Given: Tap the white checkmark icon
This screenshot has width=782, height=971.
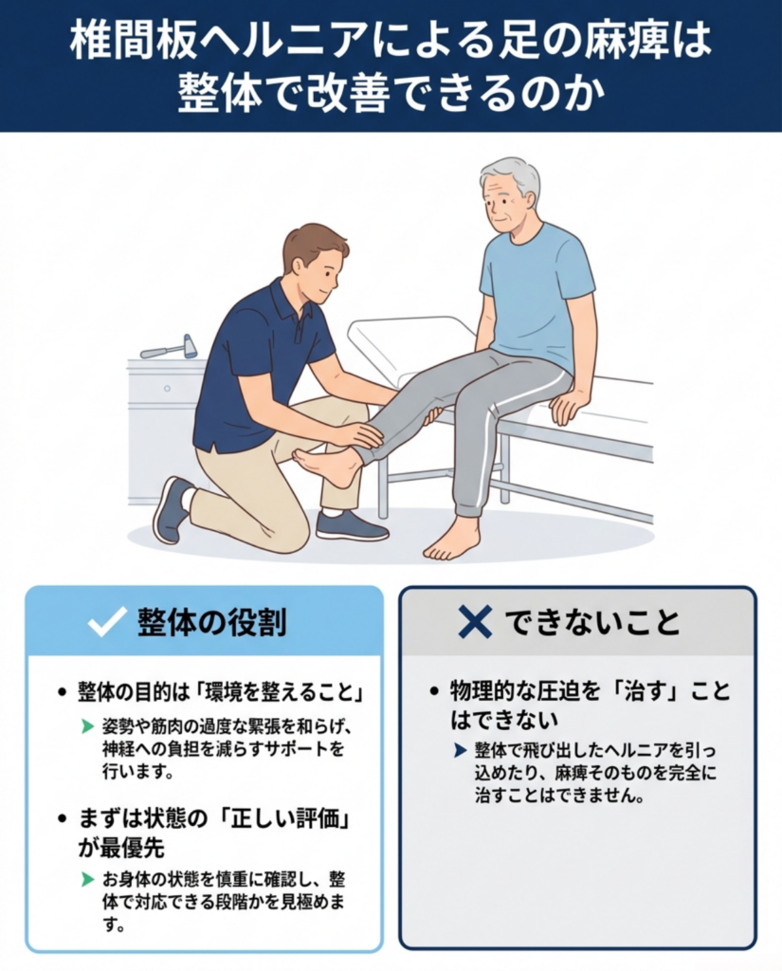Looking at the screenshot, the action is [109, 620].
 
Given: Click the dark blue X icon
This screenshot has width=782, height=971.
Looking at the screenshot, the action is [475, 621].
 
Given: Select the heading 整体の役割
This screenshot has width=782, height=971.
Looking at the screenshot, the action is [212, 621].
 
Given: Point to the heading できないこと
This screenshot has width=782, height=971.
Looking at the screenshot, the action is [592, 622].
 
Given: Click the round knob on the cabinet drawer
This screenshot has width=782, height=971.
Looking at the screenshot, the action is [167, 389].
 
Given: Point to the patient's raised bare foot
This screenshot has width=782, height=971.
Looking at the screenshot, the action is [327, 465].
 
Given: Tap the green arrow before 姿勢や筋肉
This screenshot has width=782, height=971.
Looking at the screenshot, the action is [88, 726].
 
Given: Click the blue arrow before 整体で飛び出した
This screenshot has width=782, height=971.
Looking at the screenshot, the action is [460, 751].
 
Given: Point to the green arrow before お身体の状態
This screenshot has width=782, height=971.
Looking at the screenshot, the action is [88, 879].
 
